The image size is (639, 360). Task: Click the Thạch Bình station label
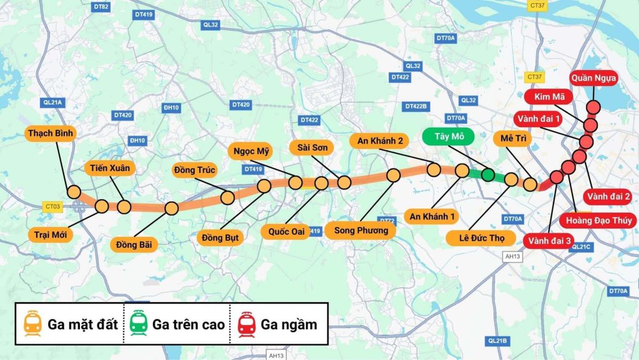(51, 133)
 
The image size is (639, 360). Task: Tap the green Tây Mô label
(448, 137)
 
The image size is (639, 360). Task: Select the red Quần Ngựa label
(594, 79)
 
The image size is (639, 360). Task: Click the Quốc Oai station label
(286, 231)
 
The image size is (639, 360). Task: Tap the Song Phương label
(361, 230)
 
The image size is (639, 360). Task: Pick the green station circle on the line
(488, 175)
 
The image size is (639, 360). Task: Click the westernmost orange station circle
(74, 192)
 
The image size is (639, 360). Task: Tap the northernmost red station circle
(593, 107)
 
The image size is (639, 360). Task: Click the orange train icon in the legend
(32, 324)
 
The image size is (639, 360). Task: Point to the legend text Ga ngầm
(289, 324)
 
